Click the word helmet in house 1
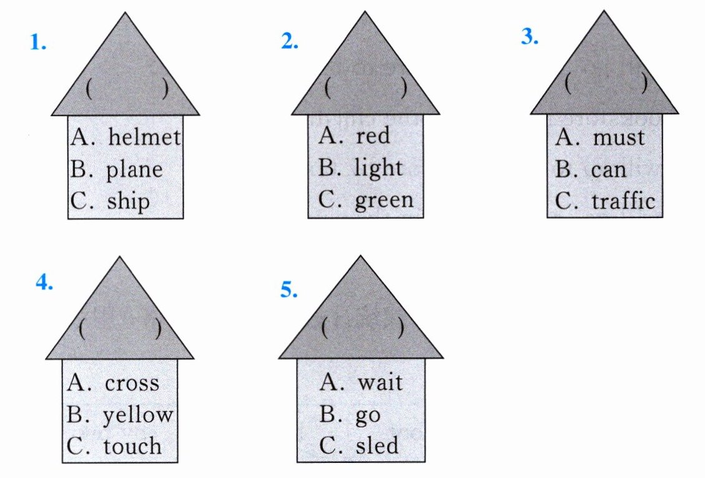144,137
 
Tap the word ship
129,202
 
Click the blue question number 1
39,44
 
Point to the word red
373,136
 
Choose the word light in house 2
378,168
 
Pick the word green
384,200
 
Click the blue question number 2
290,42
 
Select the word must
618,137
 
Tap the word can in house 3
609,169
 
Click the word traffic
623,201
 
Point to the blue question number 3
530,37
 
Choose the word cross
132,383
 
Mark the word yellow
138,415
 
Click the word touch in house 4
132,446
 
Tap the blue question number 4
44,283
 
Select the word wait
380,382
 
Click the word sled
377,446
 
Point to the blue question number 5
289,291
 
